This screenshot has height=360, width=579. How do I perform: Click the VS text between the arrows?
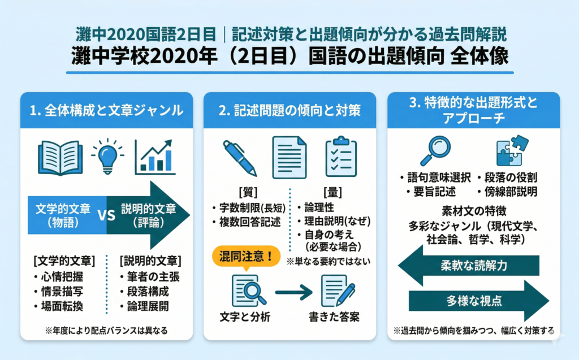107,215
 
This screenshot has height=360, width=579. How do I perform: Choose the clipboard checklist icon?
341,157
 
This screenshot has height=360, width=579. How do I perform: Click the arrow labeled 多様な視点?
474,301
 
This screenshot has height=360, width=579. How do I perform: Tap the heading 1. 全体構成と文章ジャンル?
107,110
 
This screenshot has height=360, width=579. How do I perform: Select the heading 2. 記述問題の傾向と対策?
289,110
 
